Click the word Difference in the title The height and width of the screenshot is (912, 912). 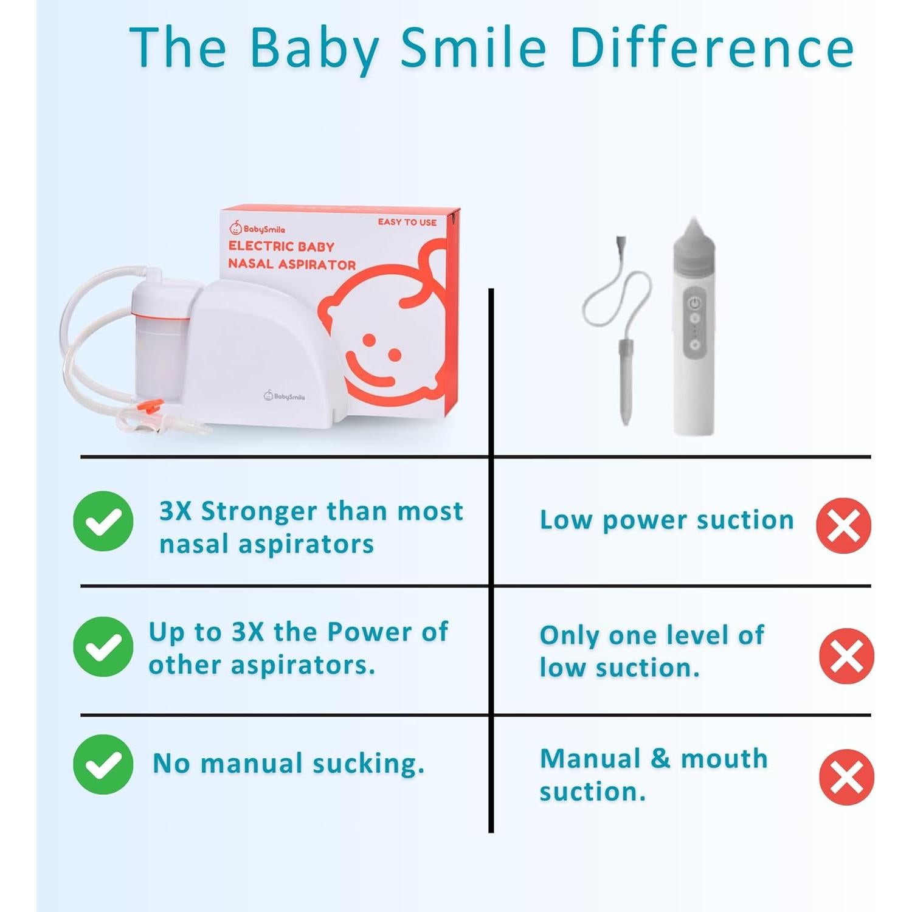pos(712,48)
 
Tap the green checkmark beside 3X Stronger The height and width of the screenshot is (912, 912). pos(103,521)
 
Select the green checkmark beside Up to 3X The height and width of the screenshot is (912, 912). pos(103,646)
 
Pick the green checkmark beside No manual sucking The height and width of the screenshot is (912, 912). pos(103,764)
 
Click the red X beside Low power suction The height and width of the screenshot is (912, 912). pos(843,525)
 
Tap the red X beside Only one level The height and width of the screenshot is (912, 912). pos(846,656)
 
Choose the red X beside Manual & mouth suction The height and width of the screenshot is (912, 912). pos(846,777)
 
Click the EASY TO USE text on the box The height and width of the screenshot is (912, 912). pos(407,222)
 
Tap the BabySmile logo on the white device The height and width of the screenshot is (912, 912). pos(284,396)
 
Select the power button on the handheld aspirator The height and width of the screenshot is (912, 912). pos(694,303)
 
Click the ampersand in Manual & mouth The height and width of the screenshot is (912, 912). pos(661,759)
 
